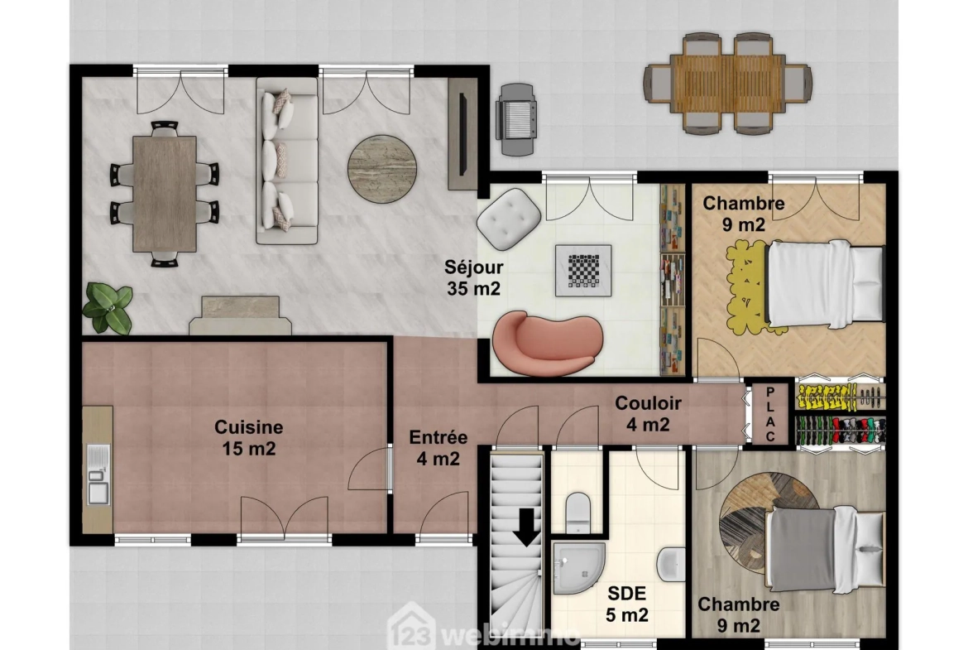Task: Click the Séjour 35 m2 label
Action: tap(473, 277)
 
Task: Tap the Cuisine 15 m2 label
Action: tap(249, 437)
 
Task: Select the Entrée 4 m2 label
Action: tap(438, 448)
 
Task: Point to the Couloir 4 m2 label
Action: tap(648, 413)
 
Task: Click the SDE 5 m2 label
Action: tap(626, 604)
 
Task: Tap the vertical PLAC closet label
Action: tap(769, 414)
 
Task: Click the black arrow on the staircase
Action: tap(526, 527)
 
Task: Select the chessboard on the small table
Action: tap(583, 271)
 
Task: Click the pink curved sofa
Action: tap(547, 344)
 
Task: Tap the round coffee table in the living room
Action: tap(382, 169)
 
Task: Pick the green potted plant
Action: tap(108, 308)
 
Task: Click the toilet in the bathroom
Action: tap(578, 512)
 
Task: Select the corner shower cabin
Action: tap(579, 568)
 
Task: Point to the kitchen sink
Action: tap(98, 474)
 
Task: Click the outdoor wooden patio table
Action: tap(728, 84)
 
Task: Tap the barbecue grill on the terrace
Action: tap(517, 119)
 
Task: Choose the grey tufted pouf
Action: tap(509, 219)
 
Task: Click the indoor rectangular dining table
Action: tap(164, 194)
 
